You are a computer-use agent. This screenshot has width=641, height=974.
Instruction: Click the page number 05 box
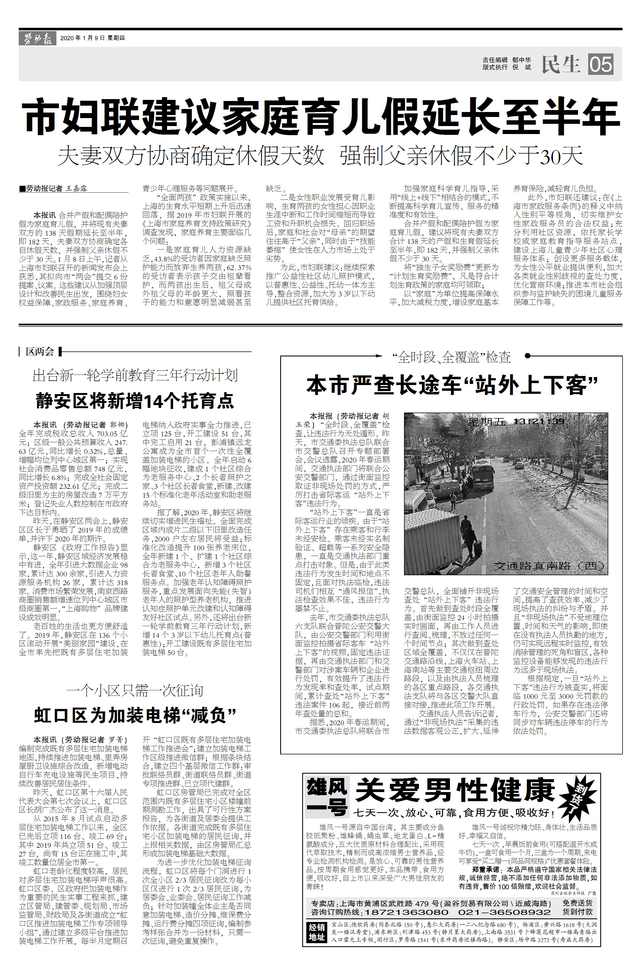tap(601, 64)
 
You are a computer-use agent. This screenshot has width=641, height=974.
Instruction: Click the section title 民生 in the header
tap(561, 64)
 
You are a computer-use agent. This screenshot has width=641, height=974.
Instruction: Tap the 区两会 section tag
tap(40, 351)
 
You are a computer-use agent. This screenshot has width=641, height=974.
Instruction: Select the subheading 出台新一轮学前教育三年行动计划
tap(135, 375)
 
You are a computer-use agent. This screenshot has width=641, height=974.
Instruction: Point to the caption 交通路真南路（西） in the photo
tap(549, 566)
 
